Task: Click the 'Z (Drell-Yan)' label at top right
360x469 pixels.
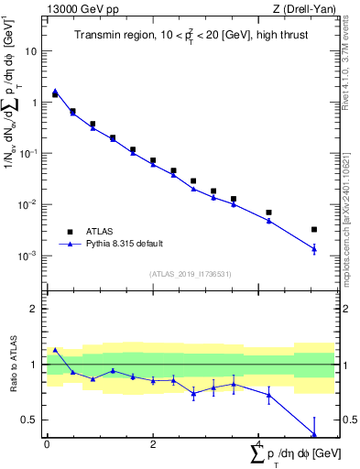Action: tap(306, 9)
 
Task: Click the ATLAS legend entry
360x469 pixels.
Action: tap(102, 232)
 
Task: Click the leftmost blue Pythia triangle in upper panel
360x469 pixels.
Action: tap(55, 92)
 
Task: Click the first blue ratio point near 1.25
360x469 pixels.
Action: tap(55, 350)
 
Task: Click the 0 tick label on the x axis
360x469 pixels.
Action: tap(47, 444)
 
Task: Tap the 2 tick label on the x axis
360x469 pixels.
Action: tap(153, 444)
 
